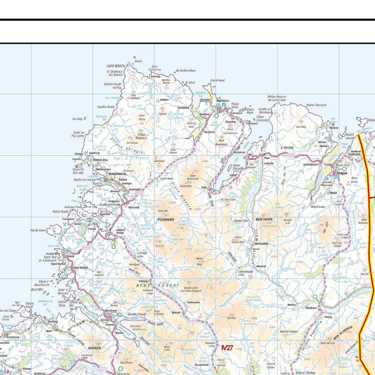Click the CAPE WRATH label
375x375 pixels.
point(116,66)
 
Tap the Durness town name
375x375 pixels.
point(222,100)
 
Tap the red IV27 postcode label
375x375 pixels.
point(227,348)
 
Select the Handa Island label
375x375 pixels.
point(40,230)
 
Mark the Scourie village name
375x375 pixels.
point(71,256)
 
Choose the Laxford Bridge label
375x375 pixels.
point(120,231)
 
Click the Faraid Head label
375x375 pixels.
point(217,80)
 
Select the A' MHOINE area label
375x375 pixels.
point(287,148)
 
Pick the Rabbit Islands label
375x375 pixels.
point(350,136)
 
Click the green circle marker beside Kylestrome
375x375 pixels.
point(119,315)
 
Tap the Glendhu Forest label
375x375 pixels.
point(136,314)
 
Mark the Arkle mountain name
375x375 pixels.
point(159,246)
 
